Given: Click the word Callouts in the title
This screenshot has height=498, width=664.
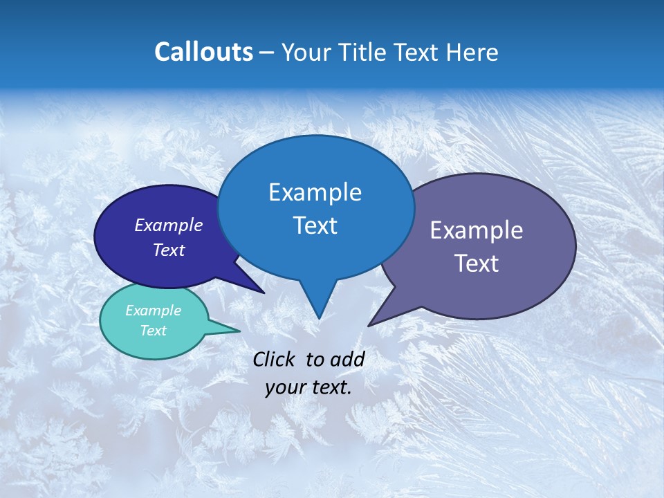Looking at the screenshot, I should (x=203, y=52).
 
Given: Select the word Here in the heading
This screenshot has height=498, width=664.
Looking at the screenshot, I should (x=473, y=52).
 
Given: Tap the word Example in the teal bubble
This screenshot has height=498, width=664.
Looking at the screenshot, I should (x=153, y=311).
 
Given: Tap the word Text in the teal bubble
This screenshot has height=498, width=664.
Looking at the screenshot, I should (x=153, y=331).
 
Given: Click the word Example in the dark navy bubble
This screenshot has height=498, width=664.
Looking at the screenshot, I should (x=168, y=225).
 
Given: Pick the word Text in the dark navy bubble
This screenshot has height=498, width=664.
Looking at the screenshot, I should (x=168, y=250).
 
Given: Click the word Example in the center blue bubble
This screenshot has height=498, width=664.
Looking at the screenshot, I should (x=315, y=192).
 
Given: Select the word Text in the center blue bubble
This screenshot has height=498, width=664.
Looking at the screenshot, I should (x=315, y=225).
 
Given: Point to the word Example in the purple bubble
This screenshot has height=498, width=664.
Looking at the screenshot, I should (x=476, y=230).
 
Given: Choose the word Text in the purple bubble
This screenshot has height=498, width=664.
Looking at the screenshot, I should (x=476, y=264).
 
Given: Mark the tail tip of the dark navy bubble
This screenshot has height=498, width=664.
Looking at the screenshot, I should (x=263, y=292).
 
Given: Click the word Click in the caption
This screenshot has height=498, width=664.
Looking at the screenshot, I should (x=275, y=359).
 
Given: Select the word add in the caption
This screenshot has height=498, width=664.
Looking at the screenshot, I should (x=347, y=359).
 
